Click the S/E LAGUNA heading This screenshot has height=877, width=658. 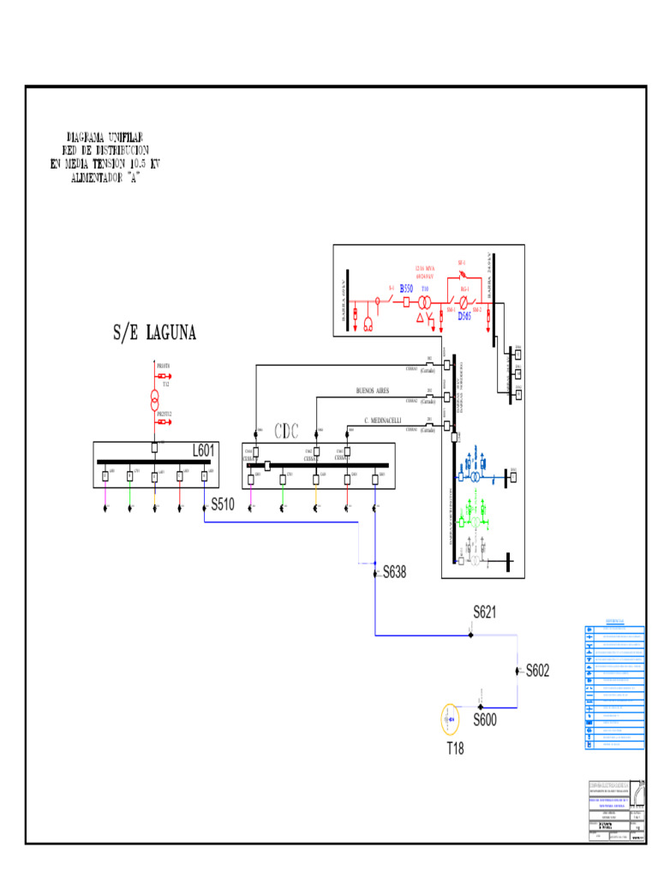154,333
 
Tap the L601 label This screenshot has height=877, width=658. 204,450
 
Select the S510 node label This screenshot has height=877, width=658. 223,505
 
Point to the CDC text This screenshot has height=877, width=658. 287,431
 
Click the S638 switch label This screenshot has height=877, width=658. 395,572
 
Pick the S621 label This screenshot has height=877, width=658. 486,612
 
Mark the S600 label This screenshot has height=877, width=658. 485,720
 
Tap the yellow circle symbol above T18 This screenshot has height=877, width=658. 451,720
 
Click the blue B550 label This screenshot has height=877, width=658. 406,289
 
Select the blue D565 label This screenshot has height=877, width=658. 464,316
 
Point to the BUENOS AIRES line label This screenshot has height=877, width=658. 373,390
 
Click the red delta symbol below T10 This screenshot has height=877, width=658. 421,317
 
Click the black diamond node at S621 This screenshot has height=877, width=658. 470,635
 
